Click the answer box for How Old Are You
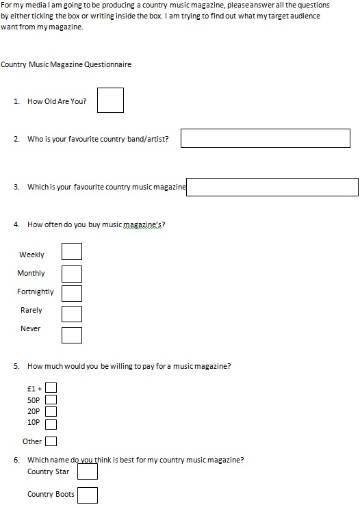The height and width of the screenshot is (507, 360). point(110,100)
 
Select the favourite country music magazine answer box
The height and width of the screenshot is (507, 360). point(272,187)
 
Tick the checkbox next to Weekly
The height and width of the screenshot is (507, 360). point(72,252)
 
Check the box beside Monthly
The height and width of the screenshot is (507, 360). point(72,274)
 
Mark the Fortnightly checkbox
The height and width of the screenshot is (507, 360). point(72,294)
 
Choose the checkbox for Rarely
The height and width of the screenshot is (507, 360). point(72,313)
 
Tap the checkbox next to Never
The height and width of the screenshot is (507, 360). point(72,335)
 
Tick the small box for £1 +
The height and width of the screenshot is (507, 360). point(51,388)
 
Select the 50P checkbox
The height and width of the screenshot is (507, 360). point(51,400)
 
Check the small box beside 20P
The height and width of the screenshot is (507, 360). point(51,411)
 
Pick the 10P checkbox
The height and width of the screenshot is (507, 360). point(51,422)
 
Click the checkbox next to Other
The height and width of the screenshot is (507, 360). point(51,441)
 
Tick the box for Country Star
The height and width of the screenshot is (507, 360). point(87,471)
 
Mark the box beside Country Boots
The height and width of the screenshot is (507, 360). point(87,495)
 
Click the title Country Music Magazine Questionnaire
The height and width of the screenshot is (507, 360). point(66,65)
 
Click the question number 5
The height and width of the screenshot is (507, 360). point(16,366)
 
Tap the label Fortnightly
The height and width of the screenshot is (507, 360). point(36,291)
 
